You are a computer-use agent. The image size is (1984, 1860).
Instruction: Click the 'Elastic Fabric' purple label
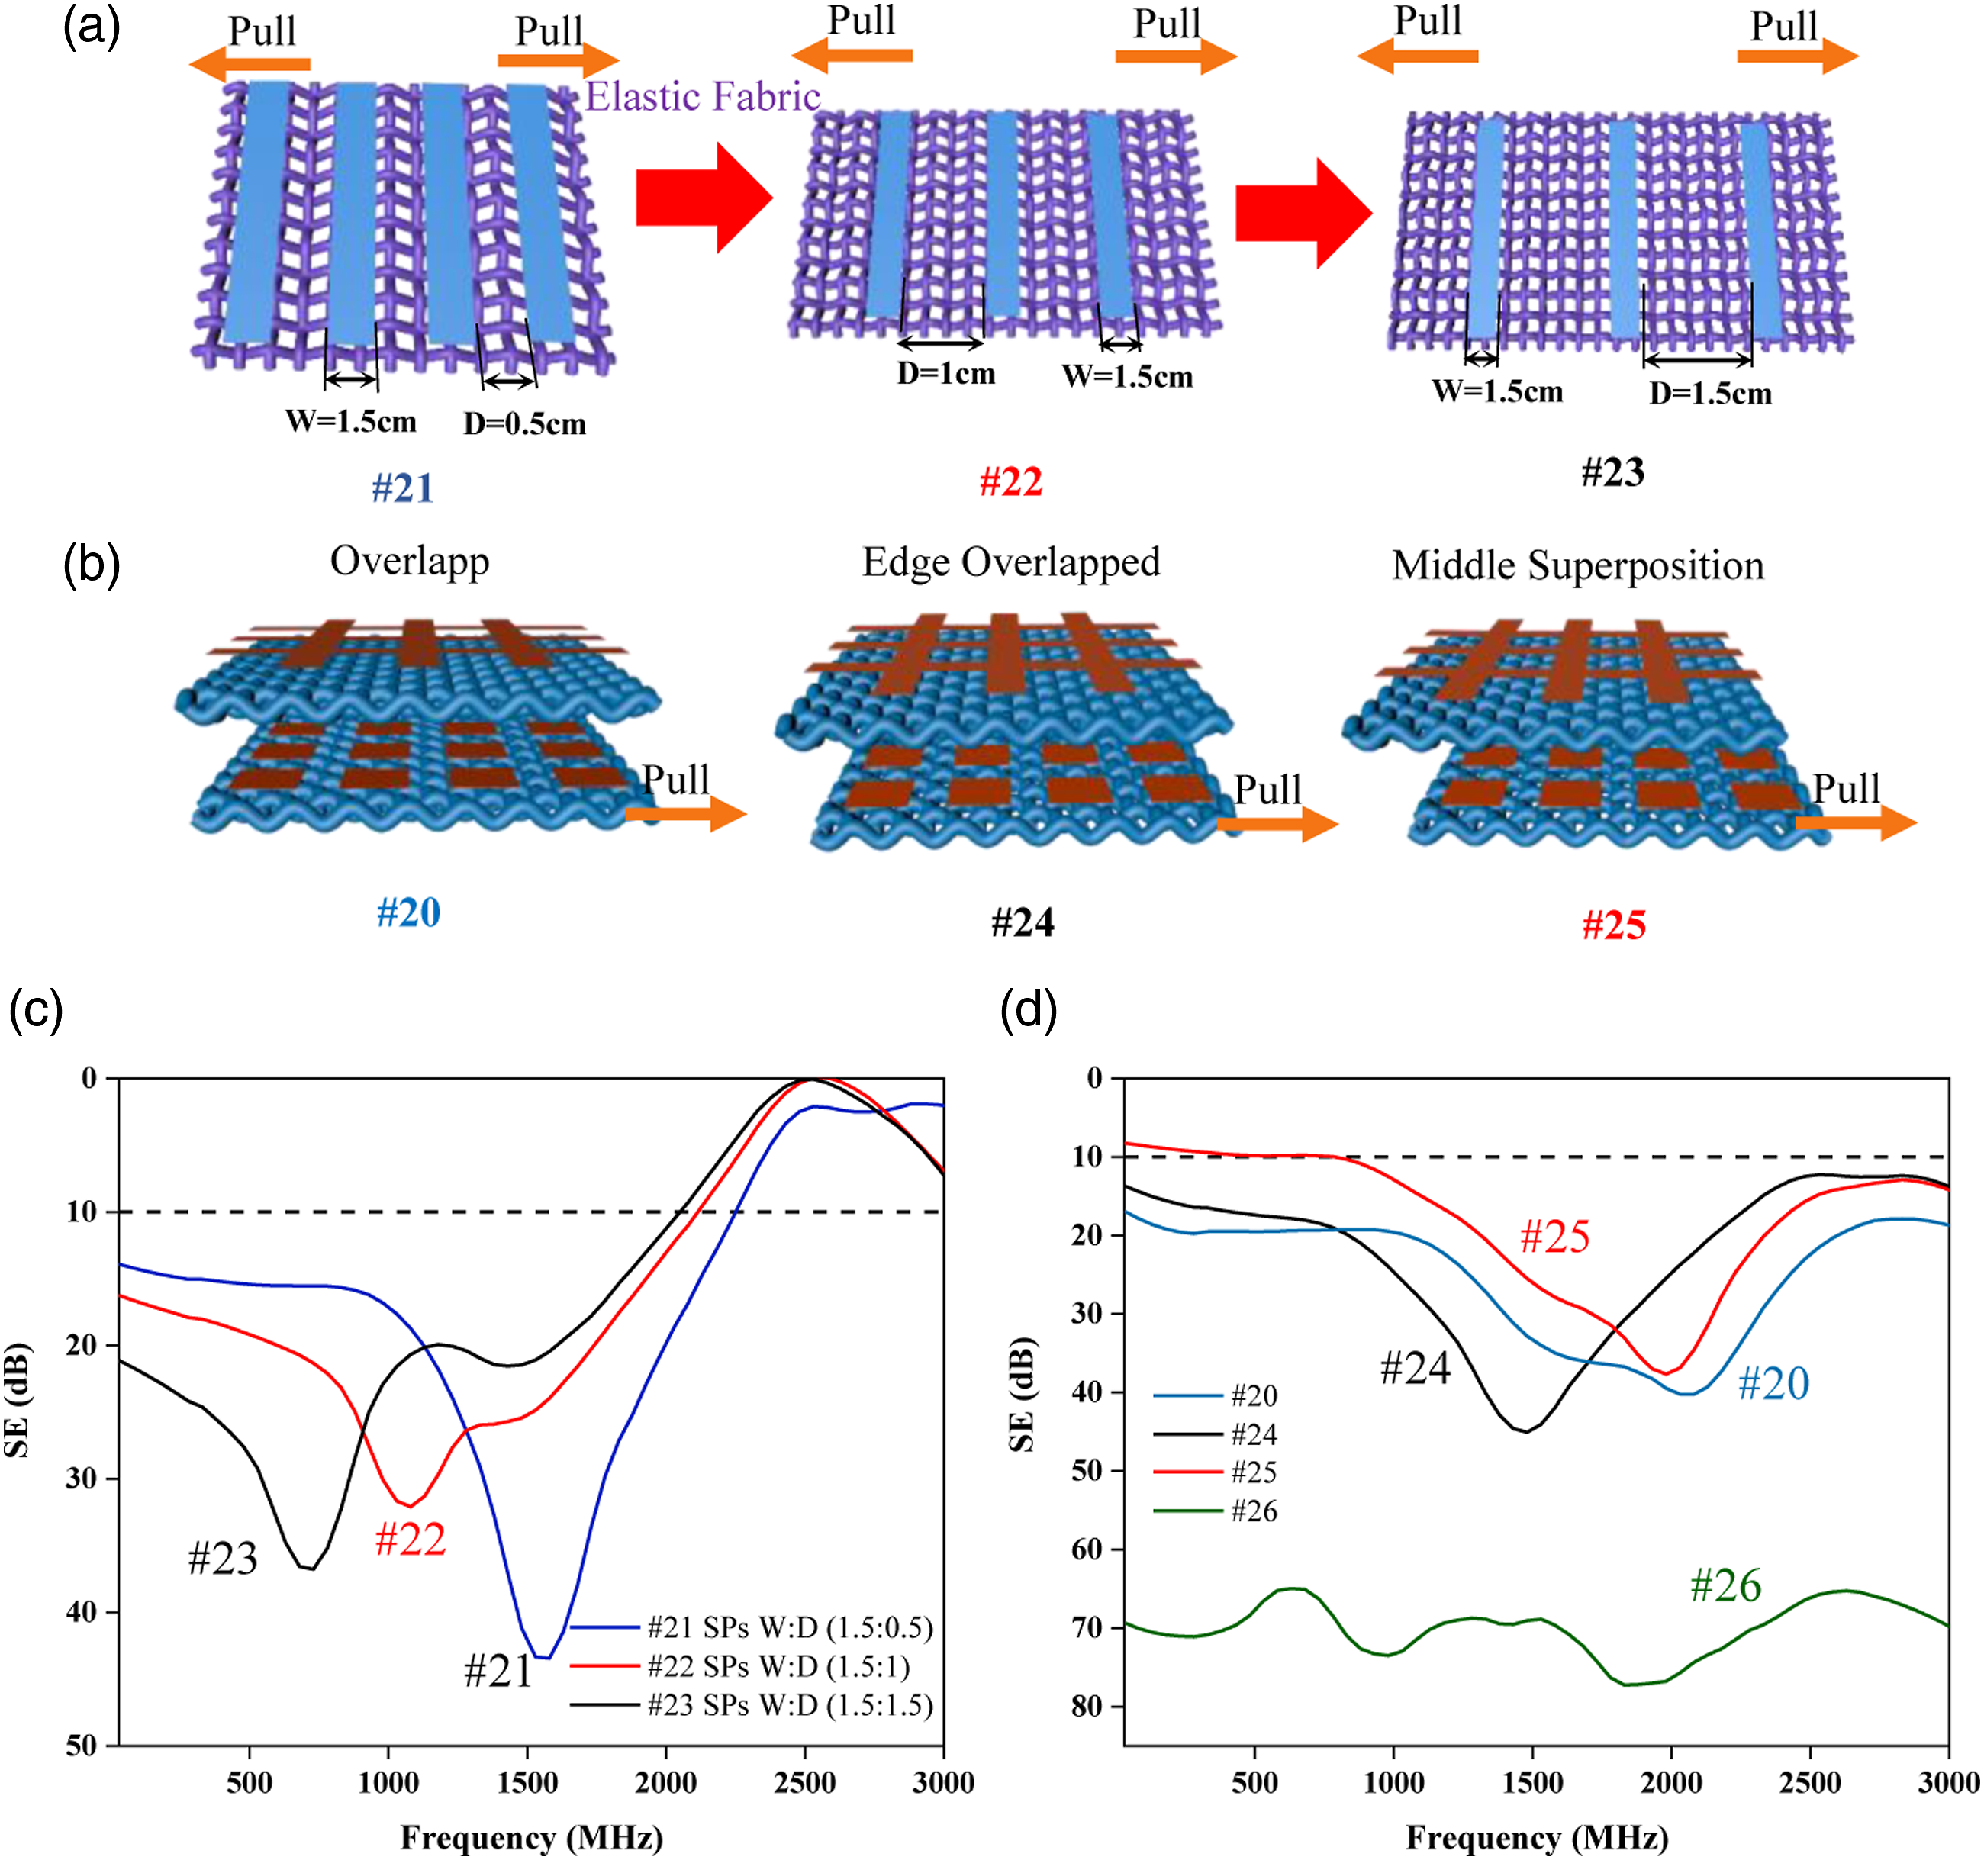coord(703,97)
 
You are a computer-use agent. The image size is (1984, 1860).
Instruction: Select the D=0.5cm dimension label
coord(524,424)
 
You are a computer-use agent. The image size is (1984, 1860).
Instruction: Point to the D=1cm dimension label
coord(946,373)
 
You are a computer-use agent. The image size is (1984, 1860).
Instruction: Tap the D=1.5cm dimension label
coord(1711,393)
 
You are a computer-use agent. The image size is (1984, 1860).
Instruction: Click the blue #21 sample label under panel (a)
coord(403,488)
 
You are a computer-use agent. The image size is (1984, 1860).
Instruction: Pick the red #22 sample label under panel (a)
coord(1011,482)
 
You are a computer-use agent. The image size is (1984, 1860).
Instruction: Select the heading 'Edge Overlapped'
coord(1011,563)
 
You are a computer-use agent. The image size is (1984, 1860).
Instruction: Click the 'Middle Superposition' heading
coord(1578,566)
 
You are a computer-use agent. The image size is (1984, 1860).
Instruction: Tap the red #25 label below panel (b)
coord(1614,925)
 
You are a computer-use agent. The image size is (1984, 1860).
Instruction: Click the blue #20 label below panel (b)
coord(408,912)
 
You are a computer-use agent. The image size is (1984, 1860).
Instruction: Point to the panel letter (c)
coord(36,1010)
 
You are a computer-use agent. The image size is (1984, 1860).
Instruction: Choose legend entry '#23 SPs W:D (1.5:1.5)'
coord(752,1704)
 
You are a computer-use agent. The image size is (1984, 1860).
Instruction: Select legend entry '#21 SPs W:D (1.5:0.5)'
coord(752,1627)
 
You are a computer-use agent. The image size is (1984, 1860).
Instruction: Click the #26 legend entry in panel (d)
coord(1216,1511)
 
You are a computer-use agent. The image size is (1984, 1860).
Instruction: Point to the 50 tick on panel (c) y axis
coord(81,1746)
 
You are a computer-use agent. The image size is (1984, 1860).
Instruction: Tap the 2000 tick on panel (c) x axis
coord(665,1782)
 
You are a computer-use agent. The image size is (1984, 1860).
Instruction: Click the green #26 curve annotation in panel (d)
coord(1725,1585)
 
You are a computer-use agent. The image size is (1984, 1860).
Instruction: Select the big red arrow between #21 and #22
coord(704,198)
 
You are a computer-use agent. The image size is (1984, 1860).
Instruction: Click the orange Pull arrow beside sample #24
coord(1277,824)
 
